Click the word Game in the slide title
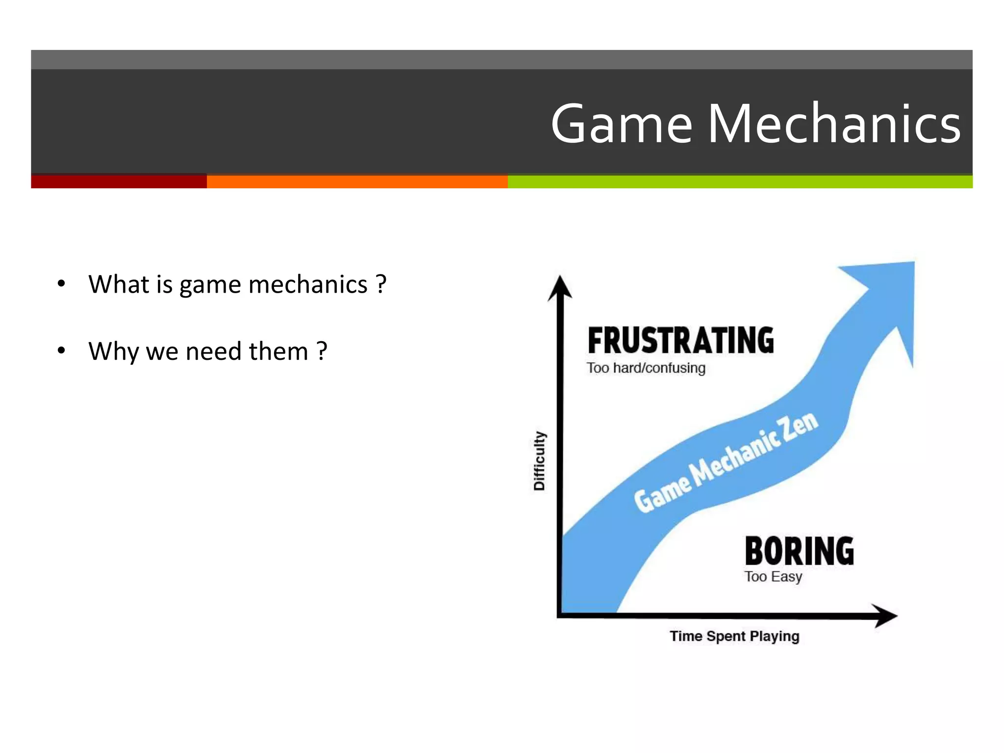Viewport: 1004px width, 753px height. pos(622,124)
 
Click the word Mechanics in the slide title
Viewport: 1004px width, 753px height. pos(833,124)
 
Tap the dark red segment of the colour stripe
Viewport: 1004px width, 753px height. pos(119,181)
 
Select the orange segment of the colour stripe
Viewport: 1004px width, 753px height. pos(357,181)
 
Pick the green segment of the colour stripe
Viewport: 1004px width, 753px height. pos(740,181)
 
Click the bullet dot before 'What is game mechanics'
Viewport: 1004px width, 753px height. pos(61,284)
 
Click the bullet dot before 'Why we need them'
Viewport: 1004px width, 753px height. pos(61,351)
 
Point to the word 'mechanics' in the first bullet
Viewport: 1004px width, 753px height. pos(308,285)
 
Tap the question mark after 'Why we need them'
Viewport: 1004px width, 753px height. pos(322,351)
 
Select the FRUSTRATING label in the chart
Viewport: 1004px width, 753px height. pos(680,341)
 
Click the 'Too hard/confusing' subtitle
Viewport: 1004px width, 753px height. pos(646,368)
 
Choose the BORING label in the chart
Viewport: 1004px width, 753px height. pos(799,551)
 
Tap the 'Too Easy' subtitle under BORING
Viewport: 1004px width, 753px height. pos(773,577)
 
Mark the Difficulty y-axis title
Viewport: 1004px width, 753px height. pos(539,461)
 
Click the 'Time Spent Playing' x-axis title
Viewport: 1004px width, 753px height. pos(734,636)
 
